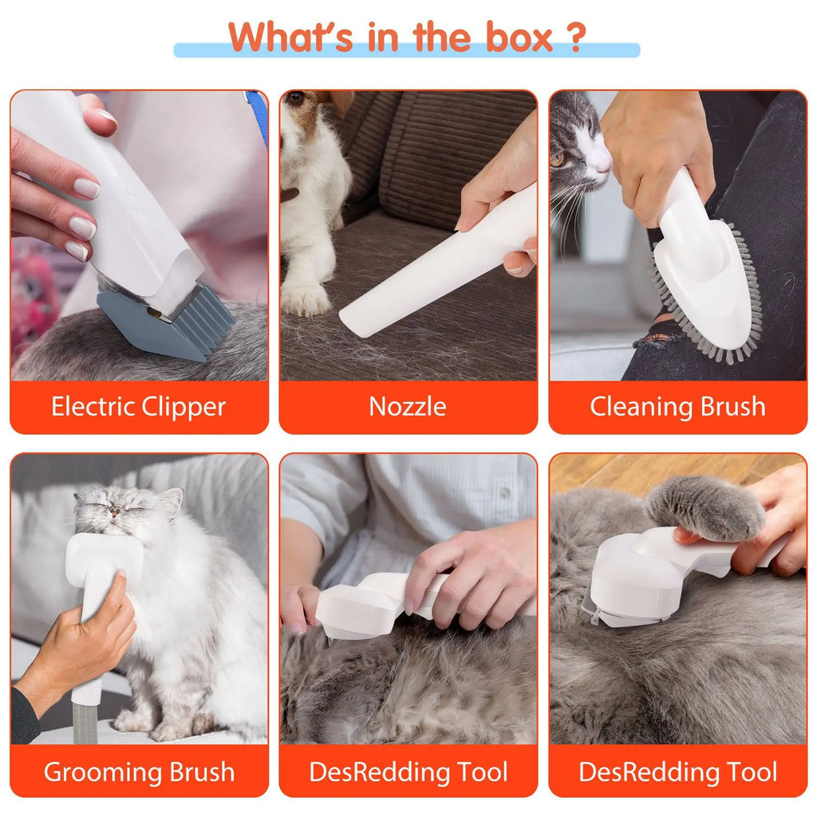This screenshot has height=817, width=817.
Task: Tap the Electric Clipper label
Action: [139, 407]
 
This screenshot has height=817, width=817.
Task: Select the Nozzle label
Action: [408, 407]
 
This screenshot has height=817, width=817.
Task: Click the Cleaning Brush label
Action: [677, 407]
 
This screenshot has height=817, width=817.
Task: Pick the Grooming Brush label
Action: [139, 772]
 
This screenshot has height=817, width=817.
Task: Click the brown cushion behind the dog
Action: [447, 160]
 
